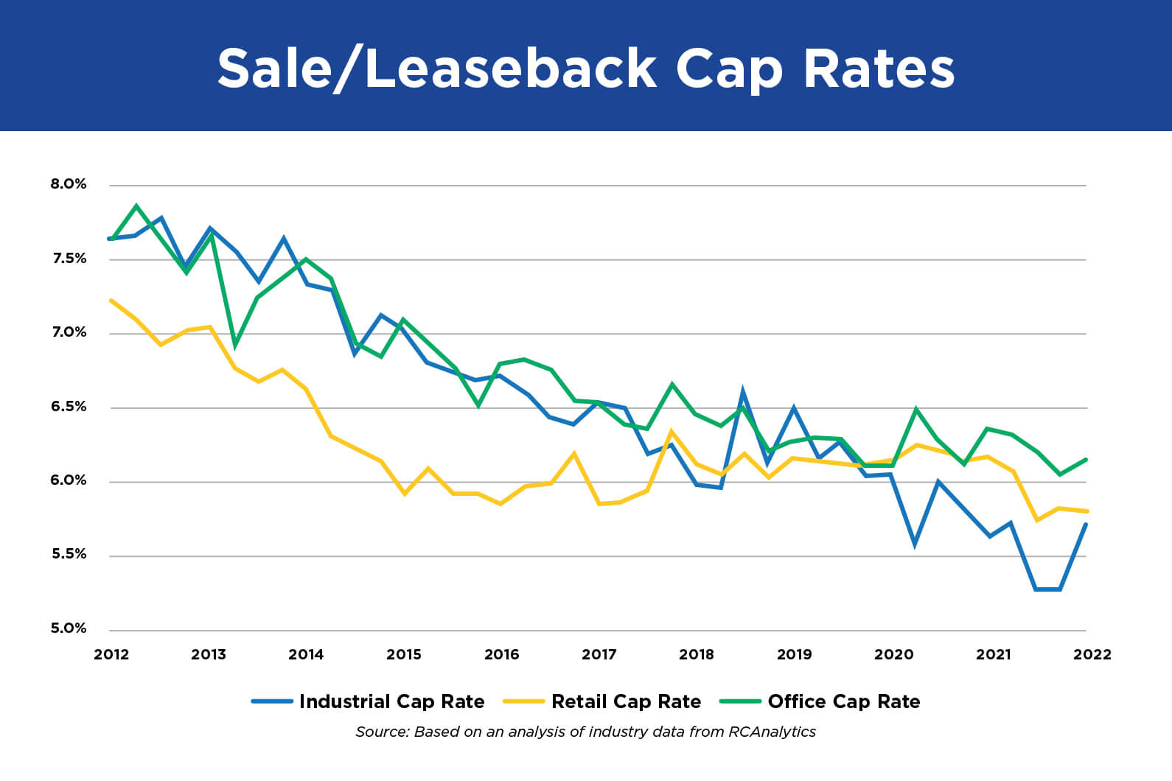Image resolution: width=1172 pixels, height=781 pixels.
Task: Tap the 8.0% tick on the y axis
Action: pyautogui.click(x=69, y=184)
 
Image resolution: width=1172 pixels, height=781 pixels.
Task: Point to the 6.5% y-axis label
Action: pyautogui.click(x=69, y=407)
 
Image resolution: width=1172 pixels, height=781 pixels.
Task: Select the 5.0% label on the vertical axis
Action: pyautogui.click(x=69, y=628)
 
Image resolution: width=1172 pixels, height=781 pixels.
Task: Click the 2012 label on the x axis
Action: pyautogui.click(x=111, y=654)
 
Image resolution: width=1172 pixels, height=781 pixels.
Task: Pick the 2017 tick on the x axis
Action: pyautogui.click(x=599, y=654)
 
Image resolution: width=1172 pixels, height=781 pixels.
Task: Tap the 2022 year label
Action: pyautogui.click(x=1092, y=654)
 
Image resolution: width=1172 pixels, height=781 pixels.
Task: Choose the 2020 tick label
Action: pyautogui.click(x=893, y=654)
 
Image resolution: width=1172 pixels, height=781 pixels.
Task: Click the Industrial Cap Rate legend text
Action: pyautogui.click(x=391, y=701)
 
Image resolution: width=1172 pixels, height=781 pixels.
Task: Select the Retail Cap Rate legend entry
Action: pyautogui.click(x=626, y=701)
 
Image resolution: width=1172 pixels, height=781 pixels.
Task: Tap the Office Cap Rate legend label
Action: pyautogui.click(x=843, y=701)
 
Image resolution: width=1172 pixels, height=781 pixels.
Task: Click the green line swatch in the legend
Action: pyautogui.click(x=740, y=701)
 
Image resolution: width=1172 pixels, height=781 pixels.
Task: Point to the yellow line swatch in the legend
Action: pyautogui.click(x=523, y=701)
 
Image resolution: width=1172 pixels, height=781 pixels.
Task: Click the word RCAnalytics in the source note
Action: pyautogui.click(x=772, y=732)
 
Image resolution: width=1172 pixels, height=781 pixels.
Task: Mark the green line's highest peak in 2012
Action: pyautogui.click(x=136, y=206)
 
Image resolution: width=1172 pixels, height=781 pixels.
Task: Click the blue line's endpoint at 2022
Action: pyautogui.click(x=1086, y=525)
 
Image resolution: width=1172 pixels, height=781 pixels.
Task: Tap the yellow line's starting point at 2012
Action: pyautogui.click(x=111, y=301)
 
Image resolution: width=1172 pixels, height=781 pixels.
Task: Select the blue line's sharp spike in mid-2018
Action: pyautogui.click(x=742, y=391)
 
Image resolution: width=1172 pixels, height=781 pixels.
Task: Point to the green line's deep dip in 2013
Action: pyautogui.click(x=235, y=345)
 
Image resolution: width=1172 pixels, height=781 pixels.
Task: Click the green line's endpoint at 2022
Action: pyautogui.click(x=1086, y=460)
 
